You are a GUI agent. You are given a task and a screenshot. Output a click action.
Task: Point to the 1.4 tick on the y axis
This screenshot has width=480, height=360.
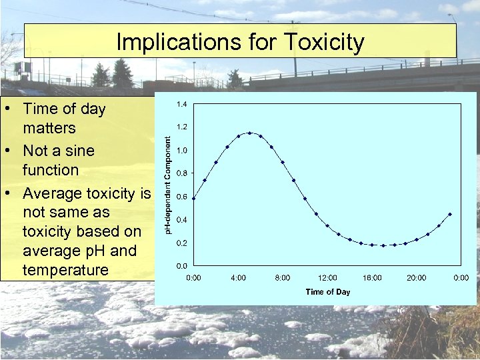(181, 104)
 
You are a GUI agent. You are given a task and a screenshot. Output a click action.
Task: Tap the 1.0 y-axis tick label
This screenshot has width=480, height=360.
(181, 150)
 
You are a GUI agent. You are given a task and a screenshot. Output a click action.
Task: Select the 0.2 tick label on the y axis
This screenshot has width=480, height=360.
(181, 243)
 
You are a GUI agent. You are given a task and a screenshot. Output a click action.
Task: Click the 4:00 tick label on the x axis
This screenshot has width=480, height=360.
(238, 277)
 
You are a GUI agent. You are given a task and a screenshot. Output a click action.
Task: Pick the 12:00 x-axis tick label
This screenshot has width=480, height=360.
(327, 277)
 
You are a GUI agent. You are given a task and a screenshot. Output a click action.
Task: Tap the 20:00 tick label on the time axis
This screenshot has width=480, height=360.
(417, 277)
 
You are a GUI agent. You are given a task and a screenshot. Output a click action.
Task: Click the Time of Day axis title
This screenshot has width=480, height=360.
(327, 292)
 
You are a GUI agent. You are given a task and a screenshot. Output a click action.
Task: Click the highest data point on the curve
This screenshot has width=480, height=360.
(249, 133)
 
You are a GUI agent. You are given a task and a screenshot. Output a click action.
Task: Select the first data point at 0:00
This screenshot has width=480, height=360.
(193, 198)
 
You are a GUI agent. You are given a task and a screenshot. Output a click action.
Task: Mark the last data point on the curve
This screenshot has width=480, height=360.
(450, 214)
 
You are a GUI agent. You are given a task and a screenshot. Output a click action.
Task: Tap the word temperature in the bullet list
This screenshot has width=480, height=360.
(65, 270)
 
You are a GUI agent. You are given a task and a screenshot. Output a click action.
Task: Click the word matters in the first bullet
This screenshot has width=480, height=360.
(49, 127)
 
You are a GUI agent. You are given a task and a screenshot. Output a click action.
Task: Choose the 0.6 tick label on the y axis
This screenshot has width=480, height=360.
(181, 197)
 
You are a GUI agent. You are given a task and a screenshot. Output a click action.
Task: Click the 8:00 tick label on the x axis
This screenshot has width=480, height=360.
(283, 277)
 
